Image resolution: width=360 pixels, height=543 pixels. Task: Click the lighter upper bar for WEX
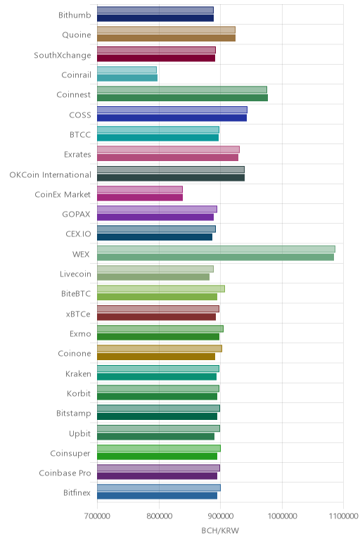coord(216,249)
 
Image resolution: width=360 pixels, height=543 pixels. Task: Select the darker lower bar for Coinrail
coord(127,78)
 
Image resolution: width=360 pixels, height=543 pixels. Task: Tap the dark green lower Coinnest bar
coord(182,98)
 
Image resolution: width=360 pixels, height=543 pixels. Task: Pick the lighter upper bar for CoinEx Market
coord(140,189)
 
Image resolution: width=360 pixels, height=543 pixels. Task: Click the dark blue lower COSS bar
coord(172,117)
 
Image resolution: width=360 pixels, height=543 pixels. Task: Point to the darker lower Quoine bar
coord(166,38)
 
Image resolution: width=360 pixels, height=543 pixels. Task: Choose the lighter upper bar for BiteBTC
coord(161,289)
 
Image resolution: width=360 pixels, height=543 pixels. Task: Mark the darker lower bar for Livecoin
coord(153,277)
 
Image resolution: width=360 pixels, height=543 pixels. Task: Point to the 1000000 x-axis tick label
coord(282,516)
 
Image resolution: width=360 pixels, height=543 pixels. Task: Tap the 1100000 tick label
coord(343,516)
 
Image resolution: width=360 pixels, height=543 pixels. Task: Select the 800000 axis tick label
coord(159,516)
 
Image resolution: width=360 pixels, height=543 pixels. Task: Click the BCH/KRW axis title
coord(220,530)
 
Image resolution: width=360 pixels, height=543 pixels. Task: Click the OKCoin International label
coord(50,174)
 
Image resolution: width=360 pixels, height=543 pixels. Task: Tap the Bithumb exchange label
coord(75,15)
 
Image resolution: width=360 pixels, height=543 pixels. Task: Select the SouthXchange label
coord(63,56)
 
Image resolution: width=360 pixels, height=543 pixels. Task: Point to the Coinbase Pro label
coord(65,473)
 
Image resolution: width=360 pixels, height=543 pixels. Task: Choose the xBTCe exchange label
coord(78,314)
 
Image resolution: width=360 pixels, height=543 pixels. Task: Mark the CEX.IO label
coord(78,234)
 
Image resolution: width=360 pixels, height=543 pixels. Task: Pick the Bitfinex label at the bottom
coord(77,493)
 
